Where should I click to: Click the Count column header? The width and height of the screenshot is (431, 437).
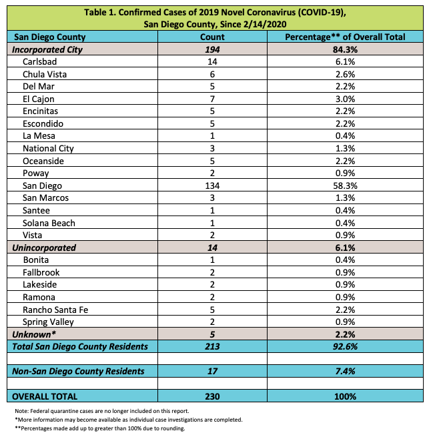[x=212, y=37]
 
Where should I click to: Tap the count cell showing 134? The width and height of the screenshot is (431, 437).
[x=212, y=185]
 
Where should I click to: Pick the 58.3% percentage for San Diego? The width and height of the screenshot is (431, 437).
[x=345, y=185]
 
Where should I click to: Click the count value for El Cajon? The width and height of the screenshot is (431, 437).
[x=212, y=99]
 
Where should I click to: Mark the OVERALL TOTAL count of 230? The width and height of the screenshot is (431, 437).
[x=212, y=396]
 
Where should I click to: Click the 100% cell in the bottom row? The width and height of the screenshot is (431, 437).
[x=345, y=396]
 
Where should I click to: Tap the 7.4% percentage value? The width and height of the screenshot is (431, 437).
[x=345, y=371]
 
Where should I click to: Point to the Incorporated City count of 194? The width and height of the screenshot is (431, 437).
[x=212, y=49]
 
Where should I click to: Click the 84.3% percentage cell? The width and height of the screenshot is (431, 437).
[x=345, y=49]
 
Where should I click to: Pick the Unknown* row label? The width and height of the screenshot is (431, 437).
[x=33, y=334]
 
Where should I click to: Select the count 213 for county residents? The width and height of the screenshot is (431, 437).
[x=212, y=346]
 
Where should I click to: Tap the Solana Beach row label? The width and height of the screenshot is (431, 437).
[x=49, y=223]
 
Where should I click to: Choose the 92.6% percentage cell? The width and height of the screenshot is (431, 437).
[x=345, y=346]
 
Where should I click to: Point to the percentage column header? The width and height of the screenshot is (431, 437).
[x=345, y=37]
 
